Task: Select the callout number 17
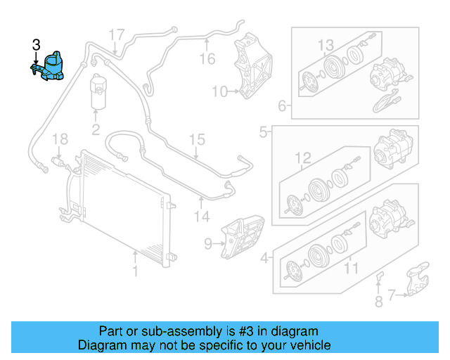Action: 116,34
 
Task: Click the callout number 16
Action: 207,58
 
